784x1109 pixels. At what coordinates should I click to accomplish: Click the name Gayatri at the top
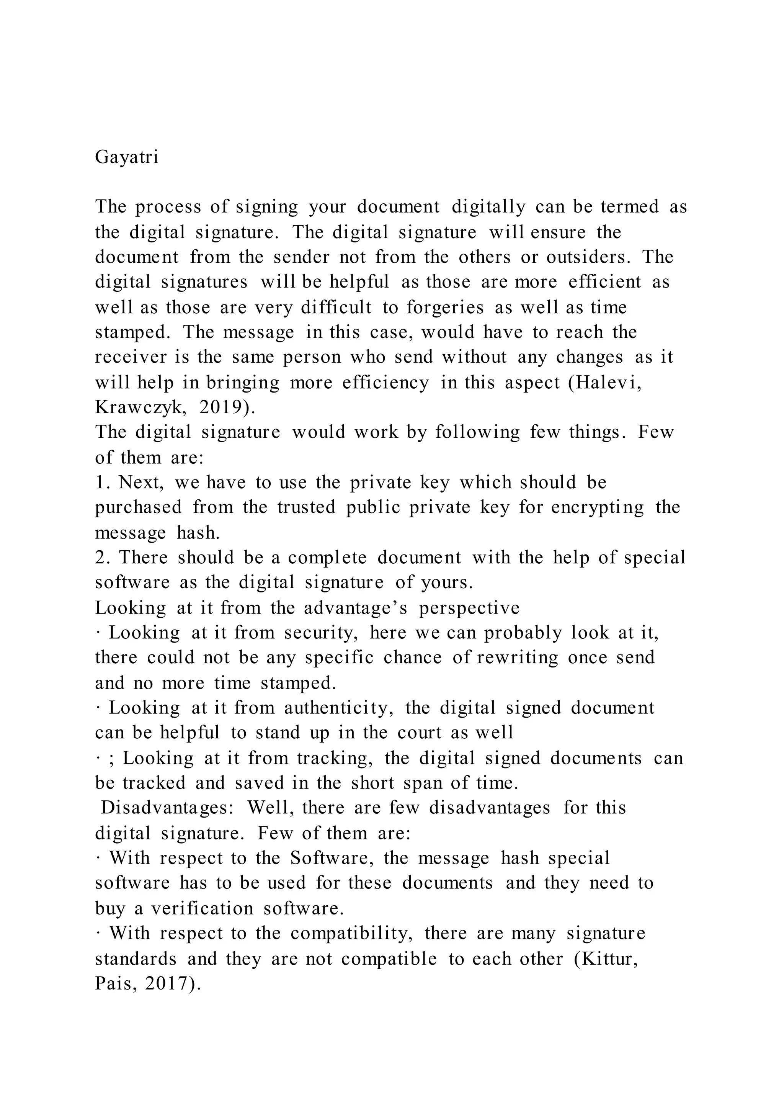click(x=126, y=157)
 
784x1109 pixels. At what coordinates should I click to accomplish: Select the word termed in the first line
click(x=629, y=207)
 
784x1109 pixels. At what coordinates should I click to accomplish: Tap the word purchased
click(x=139, y=507)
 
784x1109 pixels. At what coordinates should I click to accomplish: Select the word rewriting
click(x=518, y=658)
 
